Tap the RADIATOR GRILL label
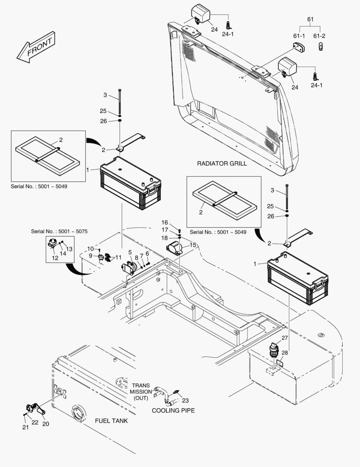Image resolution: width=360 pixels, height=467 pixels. point(222,163)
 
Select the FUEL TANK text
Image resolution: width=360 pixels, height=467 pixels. point(111,420)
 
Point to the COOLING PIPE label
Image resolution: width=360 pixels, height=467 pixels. point(173,410)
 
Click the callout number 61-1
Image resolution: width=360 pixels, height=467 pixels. point(299,35)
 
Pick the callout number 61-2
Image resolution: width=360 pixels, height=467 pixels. point(320,35)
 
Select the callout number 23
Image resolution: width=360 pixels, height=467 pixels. point(185,400)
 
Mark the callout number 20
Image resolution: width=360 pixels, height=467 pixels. point(45,424)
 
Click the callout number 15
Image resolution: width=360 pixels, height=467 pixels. point(192,245)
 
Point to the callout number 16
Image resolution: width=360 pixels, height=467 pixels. point(165,222)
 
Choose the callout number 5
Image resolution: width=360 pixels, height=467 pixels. point(130,252)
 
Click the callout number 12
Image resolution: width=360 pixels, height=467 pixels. point(55,258)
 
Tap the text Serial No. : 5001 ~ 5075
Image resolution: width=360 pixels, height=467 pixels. point(59,231)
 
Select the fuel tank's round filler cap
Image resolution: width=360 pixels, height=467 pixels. point(78,413)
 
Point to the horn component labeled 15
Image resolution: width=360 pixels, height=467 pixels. point(174,249)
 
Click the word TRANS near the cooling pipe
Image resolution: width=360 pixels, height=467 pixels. point(141,385)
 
